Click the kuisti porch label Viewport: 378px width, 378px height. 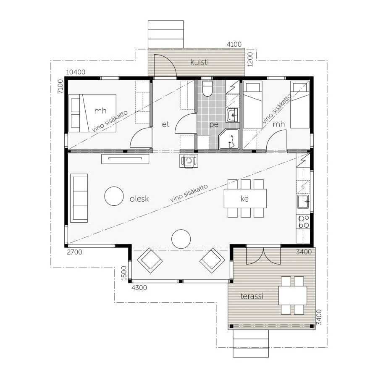pyautogui.click(x=199, y=62)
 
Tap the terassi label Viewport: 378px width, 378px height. pyautogui.click(x=252, y=296)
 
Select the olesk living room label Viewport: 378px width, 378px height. pyautogui.click(x=139, y=199)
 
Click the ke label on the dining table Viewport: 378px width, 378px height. pyautogui.click(x=244, y=199)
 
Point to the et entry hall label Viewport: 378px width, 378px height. pyautogui.click(x=165, y=124)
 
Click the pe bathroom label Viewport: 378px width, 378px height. pyautogui.click(x=214, y=124)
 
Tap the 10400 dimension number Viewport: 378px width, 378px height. pyautogui.click(x=76, y=72)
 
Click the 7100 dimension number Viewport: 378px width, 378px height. pyautogui.click(x=60, y=86)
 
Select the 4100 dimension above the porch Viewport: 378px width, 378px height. pyautogui.click(x=234, y=44)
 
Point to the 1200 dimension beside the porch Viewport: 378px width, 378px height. pyautogui.click(x=250, y=59)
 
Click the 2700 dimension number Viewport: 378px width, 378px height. pyautogui.click(x=74, y=252)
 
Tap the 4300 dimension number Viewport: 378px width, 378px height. pyautogui.click(x=139, y=288)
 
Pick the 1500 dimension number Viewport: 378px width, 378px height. pyautogui.click(x=124, y=273)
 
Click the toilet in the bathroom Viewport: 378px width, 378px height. pyautogui.click(x=207, y=89)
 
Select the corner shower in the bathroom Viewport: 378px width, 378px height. pyautogui.click(x=229, y=139)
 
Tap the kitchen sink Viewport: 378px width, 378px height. pyautogui.click(x=303, y=201)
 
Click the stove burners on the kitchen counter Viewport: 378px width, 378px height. pyautogui.click(x=304, y=222)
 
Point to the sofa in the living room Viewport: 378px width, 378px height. pyautogui.click(x=79, y=198)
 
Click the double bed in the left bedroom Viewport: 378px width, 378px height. pyautogui.click(x=92, y=113)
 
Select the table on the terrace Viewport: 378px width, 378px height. pyautogui.click(x=293, y=296)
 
